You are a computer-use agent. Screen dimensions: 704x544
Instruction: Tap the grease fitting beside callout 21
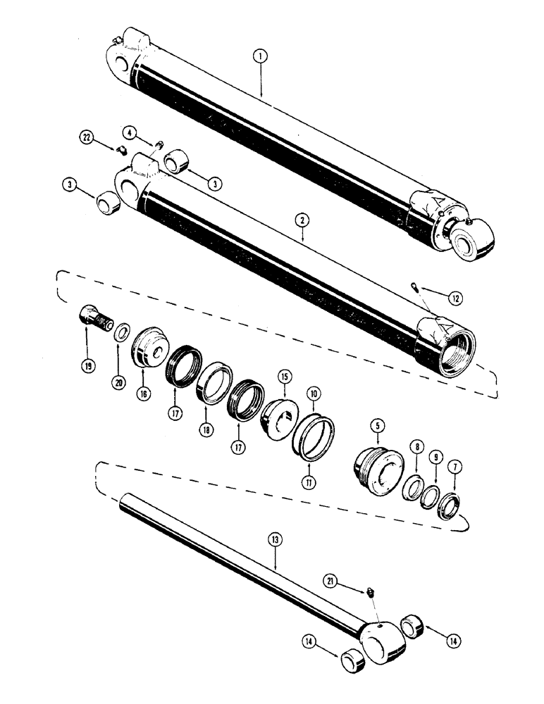tap(370, 595)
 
